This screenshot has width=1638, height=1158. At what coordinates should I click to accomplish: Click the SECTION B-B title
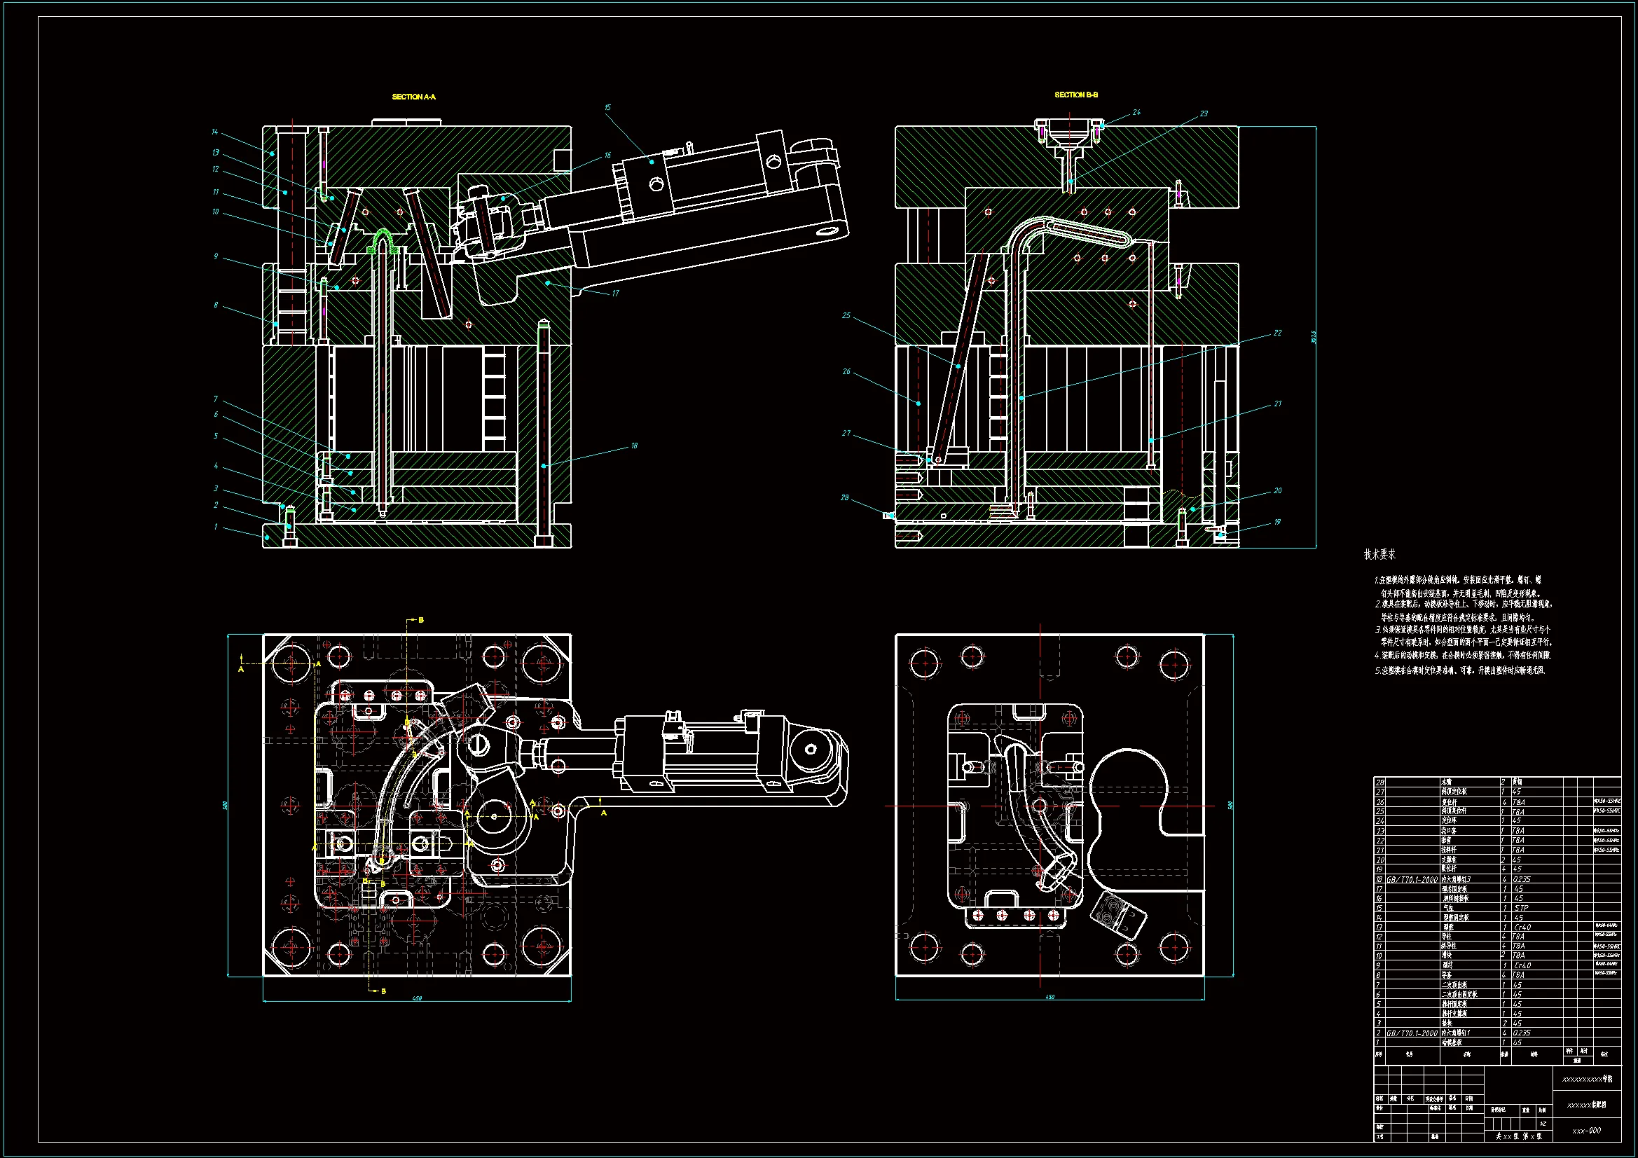[x=1076, y=95]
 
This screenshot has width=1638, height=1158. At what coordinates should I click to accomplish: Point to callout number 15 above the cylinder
[x=608, y=108]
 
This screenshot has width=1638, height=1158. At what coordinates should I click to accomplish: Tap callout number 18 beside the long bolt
[x=634, y=446]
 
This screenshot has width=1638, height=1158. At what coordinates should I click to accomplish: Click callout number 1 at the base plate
[x=216, y=527]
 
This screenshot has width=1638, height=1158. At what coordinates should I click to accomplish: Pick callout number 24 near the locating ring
[x=1136, y=112]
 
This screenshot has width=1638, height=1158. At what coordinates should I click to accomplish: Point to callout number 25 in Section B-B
[x=846, y=315]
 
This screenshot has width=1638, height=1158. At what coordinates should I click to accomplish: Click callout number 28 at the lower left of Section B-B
[x=845, y=497]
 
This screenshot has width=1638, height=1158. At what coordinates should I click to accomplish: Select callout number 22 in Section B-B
[x=1277, y=333]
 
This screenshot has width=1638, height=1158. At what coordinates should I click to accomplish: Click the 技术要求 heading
[x=1379, y=554]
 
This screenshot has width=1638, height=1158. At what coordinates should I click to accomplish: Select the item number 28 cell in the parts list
[x=1379, y=782]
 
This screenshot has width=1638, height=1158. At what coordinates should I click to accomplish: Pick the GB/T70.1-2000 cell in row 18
[x=1412, y=880]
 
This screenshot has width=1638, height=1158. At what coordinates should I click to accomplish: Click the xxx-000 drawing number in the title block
[x=1587, y=1130]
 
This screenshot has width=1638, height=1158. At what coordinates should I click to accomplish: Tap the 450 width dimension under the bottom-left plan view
[x=418, y=998]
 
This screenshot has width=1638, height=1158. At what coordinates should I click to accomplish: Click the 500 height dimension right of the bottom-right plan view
[x=1230, y=805]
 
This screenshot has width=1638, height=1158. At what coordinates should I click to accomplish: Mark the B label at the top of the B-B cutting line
[x=421, y=620]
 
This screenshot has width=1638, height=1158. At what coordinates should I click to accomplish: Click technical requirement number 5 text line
[x=1459, y=670]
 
